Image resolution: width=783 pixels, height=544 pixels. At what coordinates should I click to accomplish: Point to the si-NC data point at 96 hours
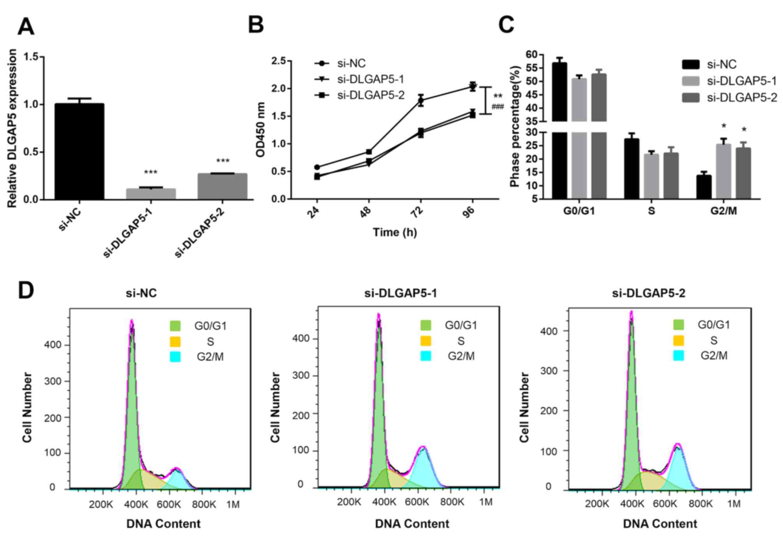(473, 87)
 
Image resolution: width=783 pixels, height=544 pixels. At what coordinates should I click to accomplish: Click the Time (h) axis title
(395, 232)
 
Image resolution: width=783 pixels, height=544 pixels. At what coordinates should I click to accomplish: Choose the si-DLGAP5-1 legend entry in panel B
(370, 79)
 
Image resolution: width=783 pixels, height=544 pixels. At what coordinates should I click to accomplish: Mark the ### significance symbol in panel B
(498, 106)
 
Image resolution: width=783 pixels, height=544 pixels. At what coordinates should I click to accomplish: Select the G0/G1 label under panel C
(579, 211)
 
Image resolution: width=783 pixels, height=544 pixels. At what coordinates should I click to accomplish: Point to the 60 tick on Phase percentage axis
(531, 55)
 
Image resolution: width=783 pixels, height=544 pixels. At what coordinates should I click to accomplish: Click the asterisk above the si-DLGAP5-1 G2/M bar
(724, 126)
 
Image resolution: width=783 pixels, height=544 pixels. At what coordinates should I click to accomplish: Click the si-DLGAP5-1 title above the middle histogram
(400, 293)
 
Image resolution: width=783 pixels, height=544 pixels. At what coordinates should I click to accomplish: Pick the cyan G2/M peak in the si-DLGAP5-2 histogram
(678, 468)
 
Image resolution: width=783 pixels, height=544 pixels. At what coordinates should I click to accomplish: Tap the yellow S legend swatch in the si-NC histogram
(175, 342)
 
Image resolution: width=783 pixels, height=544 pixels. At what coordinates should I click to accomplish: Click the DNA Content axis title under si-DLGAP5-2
(660, 524)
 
